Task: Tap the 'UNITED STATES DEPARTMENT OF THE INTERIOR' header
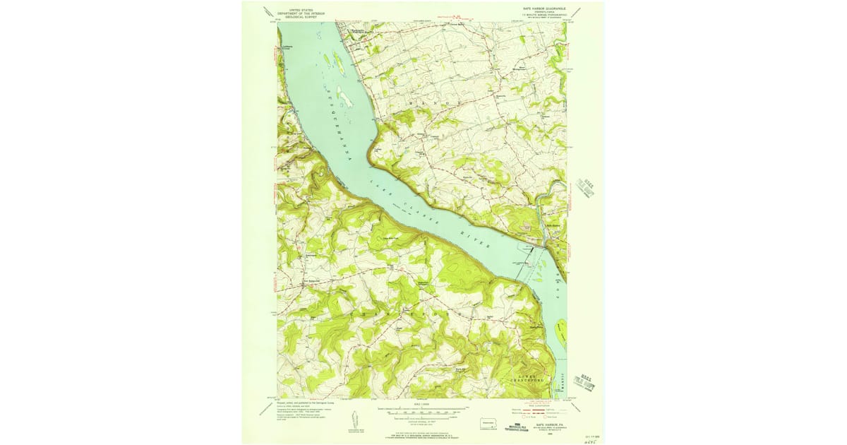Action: [x=296, y=11]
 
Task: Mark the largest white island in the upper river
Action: [x=344, y=97]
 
